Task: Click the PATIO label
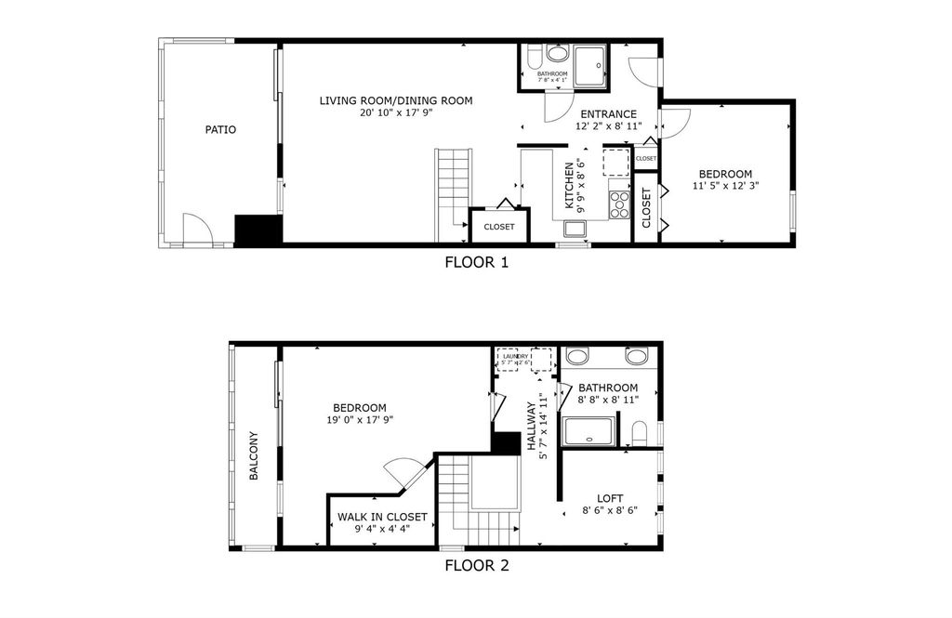[220, 130]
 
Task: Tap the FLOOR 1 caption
[476, 262]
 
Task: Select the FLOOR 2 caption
[476, 565]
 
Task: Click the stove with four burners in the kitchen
[620, 203]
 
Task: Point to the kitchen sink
[575, 230]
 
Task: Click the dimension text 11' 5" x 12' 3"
[725, 186]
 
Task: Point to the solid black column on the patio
[258, 230]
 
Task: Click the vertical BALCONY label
[253, 456]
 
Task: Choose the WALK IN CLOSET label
[382, 517]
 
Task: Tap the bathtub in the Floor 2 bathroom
[589, 432]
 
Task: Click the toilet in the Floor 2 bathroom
[639, 432]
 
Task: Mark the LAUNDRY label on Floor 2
[517, 356]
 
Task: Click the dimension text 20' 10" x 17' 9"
[396, 112]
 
